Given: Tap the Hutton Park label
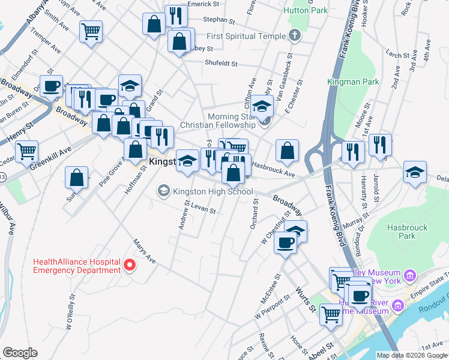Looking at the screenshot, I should pyautogui.click(x=311, y=10).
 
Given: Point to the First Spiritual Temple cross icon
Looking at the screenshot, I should pyautogui.click(x=294, y=36).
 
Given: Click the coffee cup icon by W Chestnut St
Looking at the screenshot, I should pyautogui.click(x=285, y=243).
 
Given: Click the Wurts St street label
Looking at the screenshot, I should pyautogui.click(x=305, y=299).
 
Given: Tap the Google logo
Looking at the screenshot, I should pyautogui.click(x=20, y=353).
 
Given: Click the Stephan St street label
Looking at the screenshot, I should pyautogui.click(x=217, y=20).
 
